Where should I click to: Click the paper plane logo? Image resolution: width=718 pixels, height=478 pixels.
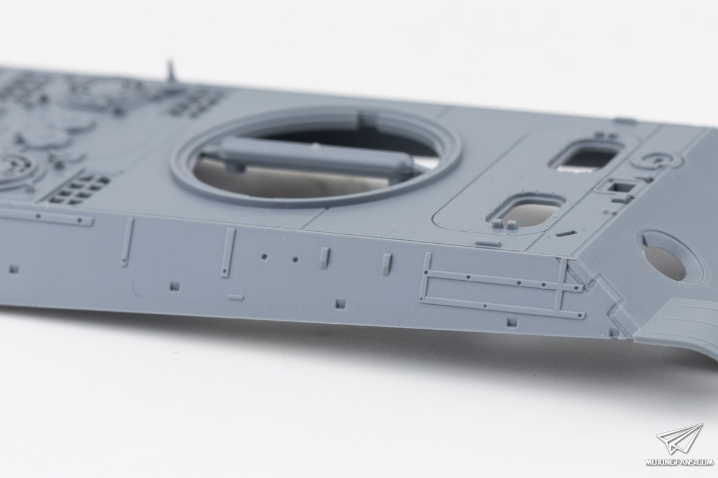click(680, 440)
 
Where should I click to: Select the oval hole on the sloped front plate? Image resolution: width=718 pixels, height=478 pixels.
click(662, 261)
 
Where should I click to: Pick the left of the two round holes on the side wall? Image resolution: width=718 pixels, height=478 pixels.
click(264, 256)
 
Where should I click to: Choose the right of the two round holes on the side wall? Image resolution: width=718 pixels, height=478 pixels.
click(295, 259)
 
